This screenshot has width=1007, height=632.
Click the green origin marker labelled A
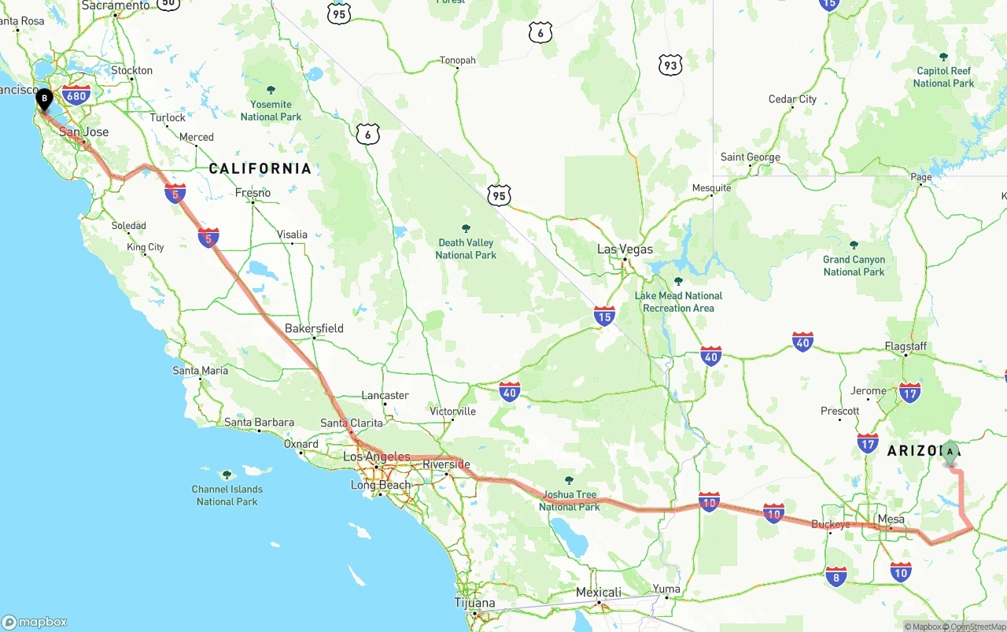[950, 453]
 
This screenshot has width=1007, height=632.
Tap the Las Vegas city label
[625, 249]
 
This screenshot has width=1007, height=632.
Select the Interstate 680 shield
[76, 96]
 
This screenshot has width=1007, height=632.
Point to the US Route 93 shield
[669, 65]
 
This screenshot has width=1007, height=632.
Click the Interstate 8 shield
[835, 576]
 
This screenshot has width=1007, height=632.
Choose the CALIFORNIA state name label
[260, 168]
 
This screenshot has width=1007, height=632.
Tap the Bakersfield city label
[314, 328]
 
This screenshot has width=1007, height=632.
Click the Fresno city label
[253, 193]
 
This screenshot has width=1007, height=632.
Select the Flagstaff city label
[906, 346]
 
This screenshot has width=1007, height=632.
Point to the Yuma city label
[666, 589]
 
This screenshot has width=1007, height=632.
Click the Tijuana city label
[474, 603]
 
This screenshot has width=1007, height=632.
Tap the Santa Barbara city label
[259, 423]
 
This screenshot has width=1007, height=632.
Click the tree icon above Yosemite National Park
[271, 90]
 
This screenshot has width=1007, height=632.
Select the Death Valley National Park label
[465, 249]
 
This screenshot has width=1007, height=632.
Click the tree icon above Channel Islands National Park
[227, 475]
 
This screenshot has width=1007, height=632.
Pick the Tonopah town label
[457, 61]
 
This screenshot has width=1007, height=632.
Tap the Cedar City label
[792, 99]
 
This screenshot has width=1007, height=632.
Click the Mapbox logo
[35, 622]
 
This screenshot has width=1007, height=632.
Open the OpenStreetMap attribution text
[977, 626]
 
